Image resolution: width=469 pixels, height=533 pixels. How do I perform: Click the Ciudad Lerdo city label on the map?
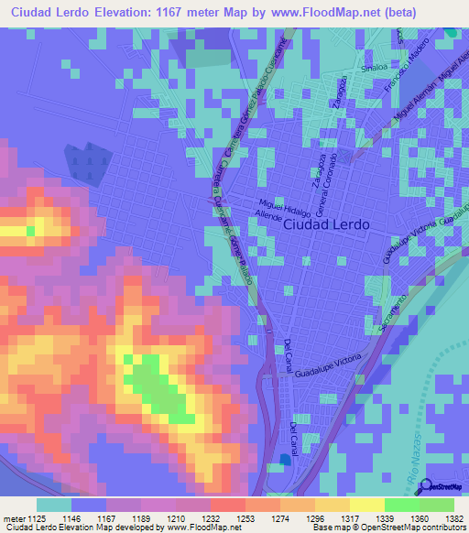coord(326,224)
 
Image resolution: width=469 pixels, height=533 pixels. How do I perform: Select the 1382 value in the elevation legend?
coord(452,517)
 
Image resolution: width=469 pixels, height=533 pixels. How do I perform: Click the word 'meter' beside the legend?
coord(13,517)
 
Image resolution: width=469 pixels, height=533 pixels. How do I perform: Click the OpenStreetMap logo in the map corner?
coord(442,486)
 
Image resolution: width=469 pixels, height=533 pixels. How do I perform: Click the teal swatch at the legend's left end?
coord(53,505)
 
